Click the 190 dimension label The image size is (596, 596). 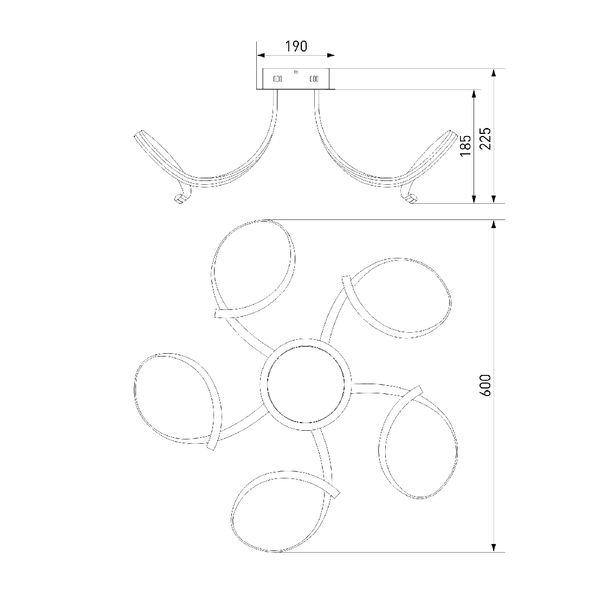pos(296,47)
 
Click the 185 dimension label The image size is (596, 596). pos(465,145)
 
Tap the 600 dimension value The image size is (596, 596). pos(485,385)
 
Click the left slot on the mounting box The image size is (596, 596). pos(278,79)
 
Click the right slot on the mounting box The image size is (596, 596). pos(314,79)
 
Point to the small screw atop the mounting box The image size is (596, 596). pos(296,72)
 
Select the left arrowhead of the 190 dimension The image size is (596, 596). pos(261,55)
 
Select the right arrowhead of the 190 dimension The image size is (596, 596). pos(331,55)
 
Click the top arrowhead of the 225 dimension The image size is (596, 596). pos(494,73)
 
